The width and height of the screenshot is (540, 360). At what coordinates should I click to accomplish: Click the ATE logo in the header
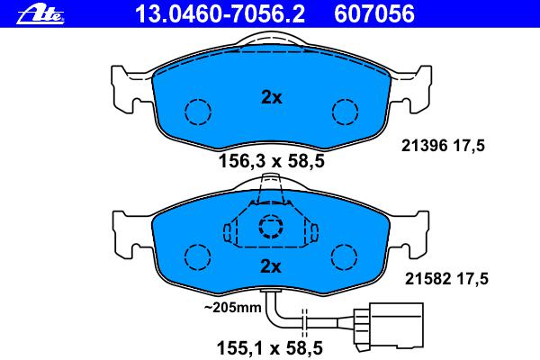tap(40, 14)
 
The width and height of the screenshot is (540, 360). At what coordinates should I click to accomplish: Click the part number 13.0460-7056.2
tap(220, 14)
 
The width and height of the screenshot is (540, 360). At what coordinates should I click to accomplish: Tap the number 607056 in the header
tap(374, 14)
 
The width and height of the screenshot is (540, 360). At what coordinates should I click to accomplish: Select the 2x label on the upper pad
tap(272, 97)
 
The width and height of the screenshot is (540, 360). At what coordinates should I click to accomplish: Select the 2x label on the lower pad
tap(271, 266)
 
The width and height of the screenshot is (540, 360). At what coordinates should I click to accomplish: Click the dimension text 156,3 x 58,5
tap(272, 161)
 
